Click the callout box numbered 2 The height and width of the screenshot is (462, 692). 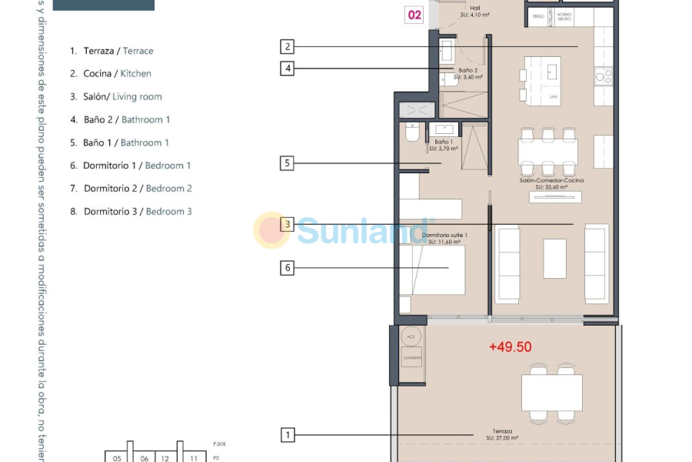(x=288, y=46)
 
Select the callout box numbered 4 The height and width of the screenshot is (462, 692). (x=288, y=69)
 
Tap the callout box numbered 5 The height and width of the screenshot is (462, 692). (x=288, y=163)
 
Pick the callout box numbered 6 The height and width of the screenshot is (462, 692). (x=288, y=268)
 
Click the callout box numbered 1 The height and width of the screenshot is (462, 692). (x=288, y=435)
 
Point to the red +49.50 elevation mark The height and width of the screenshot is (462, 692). (x=511, y=347)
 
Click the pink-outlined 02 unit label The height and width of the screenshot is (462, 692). (x=414, y=15)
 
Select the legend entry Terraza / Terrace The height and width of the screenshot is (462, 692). (x=111, y=51)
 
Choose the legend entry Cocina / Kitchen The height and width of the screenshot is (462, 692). (x=110, y=74)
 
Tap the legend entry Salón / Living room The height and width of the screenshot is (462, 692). (x=115, y=97)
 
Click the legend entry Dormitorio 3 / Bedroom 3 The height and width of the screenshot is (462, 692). (x=131, y=211)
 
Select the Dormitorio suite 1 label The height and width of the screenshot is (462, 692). (x=444, y=238)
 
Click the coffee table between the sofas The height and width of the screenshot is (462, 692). (x=554, y=259)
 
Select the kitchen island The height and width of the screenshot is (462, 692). (x=554, y=79)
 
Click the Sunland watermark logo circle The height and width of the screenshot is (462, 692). (x=271, y=230)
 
